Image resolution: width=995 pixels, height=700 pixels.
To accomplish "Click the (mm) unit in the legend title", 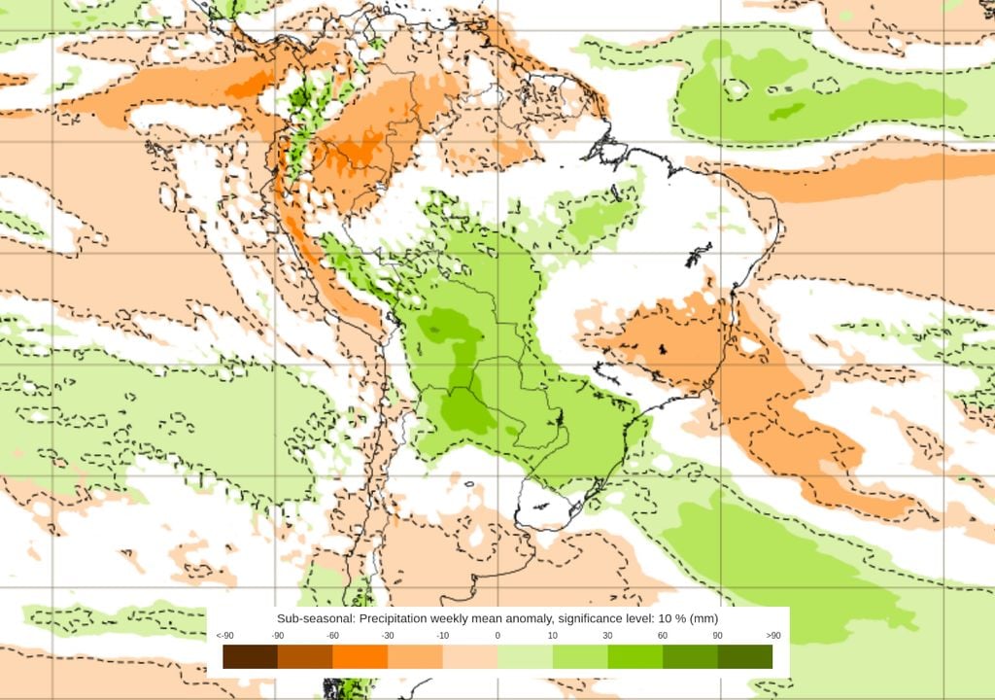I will click(x=704, y=618).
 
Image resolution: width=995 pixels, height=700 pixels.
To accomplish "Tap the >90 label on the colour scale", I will click(x=772, y=636).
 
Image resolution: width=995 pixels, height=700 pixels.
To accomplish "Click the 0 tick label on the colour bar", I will click(x=497, y=636).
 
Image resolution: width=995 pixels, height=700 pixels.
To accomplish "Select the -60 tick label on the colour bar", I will click(x=333, y=636).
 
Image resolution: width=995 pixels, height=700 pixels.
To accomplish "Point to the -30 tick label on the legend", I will click(x=388, y=636).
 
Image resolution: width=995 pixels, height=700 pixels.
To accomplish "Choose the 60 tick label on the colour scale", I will click(x=663, y=636).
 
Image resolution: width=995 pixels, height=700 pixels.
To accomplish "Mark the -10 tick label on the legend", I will click(x=443, y=636).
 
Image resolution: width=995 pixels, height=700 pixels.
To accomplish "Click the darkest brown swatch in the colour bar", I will click(x=250, y=657).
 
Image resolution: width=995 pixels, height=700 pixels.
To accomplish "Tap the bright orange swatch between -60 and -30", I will click(x=360, y=657).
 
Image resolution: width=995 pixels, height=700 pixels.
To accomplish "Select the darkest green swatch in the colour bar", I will click(x=745, y=657).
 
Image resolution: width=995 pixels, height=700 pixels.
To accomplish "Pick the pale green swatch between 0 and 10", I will click(x=525, y=657).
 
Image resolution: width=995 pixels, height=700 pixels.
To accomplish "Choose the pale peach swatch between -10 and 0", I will click(x=470, y=657).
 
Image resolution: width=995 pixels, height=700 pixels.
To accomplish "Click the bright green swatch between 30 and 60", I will click(x=635, y=657).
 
